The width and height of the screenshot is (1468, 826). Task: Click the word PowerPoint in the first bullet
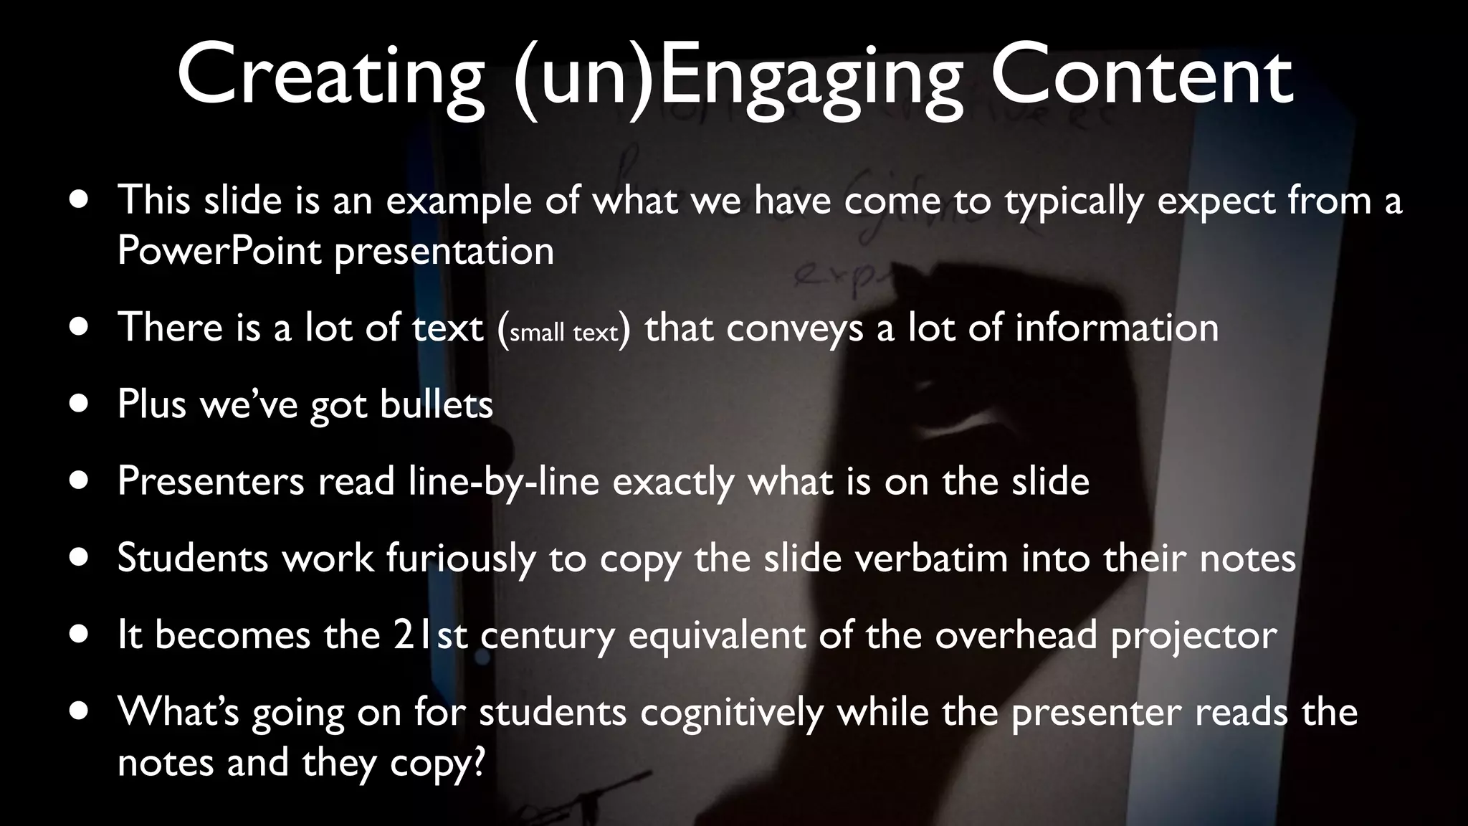[219, 251]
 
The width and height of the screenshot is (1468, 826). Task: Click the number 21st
[430, 635]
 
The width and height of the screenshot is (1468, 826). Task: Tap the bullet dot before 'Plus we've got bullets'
[80, 404]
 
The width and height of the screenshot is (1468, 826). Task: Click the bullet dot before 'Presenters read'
[80, 481]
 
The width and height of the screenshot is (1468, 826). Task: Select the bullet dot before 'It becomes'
[80, 635]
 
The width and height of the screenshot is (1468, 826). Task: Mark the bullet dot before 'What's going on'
[80, 712]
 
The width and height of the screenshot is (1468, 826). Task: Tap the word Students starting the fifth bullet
[193, 558]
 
